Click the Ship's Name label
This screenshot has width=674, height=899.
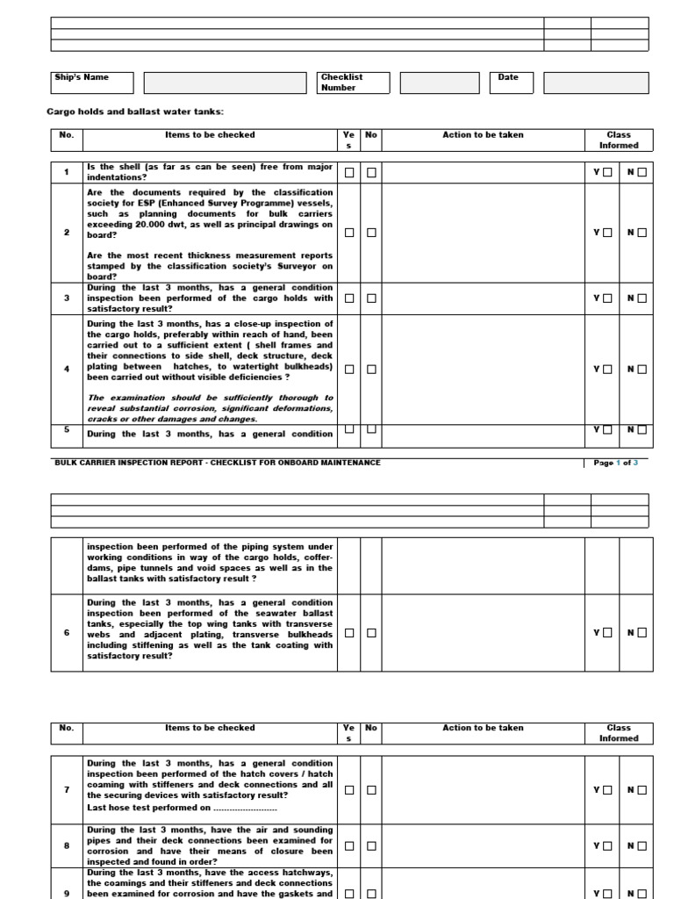click(x=82, y=77)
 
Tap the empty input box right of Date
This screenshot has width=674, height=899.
click(x=595, y=83)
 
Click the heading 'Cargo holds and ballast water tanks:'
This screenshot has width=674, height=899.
click(x=135, y=112)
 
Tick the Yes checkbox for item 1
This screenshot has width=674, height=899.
click(x=349, y=173)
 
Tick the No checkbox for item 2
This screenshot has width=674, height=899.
click(x=371, y=233)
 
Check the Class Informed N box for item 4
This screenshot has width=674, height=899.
click(x=642, y=370)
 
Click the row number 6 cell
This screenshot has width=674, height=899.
click(x=67, y=632)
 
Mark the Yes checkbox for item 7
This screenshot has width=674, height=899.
click(x=349, y=790)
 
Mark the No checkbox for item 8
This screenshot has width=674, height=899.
click(x=371, y=846)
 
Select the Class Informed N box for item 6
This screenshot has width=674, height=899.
click(x=642, y=632)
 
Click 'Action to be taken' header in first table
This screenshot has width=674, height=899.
click(x=483, y=135)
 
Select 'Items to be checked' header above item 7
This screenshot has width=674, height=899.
click(x=211, y=728)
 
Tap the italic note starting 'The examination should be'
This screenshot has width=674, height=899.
click(x=210, y=408)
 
